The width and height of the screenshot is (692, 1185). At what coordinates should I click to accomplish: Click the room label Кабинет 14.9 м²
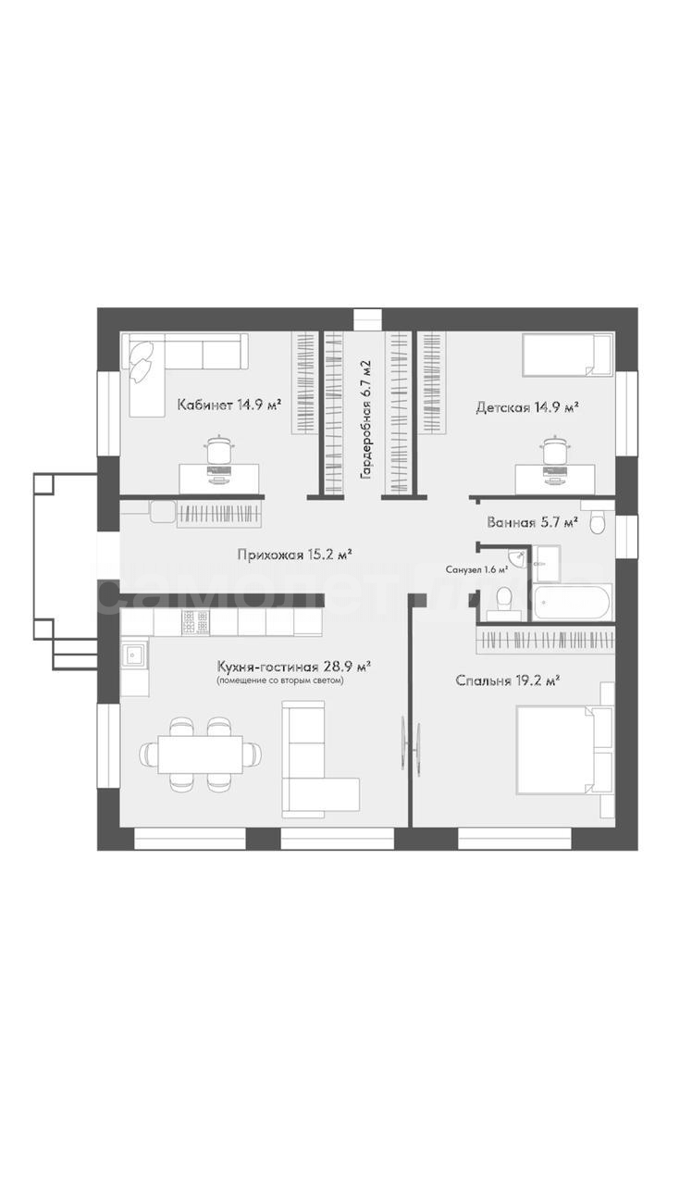coord(229,405)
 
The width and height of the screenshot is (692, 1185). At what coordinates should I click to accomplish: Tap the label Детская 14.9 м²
coord(526,407)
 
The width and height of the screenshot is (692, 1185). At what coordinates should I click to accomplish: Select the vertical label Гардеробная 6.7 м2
coord(365,420)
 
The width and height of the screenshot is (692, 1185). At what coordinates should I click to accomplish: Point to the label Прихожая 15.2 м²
coord(295,555)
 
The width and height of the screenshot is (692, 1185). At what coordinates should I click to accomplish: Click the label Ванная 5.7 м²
coord(532,523)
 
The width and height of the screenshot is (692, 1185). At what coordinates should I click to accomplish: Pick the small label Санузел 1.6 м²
coord(476,569)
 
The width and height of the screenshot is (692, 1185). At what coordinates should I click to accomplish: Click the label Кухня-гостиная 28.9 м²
coord(293,666)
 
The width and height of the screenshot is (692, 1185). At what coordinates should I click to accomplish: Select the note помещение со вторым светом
coord(279,680)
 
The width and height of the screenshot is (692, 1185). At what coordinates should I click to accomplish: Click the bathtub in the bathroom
coord(573,601)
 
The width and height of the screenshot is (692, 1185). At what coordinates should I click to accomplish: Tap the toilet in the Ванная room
coord(598,522)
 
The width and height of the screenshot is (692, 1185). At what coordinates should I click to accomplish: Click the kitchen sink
coord(134,657)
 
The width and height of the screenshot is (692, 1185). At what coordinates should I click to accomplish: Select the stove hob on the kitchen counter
coord(195,622)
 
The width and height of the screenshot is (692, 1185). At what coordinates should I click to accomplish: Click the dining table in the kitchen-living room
coord(201,754)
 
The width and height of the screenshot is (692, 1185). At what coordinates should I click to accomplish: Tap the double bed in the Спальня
coord(556,750)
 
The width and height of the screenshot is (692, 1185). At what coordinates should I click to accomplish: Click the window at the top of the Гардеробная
coord(367,319)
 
